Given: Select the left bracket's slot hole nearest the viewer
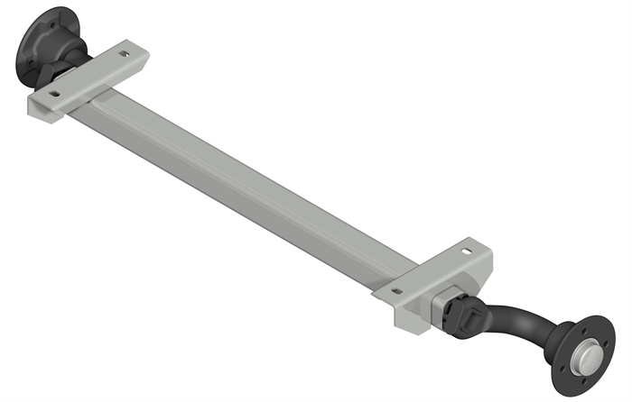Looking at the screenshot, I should tap(55, 92).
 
